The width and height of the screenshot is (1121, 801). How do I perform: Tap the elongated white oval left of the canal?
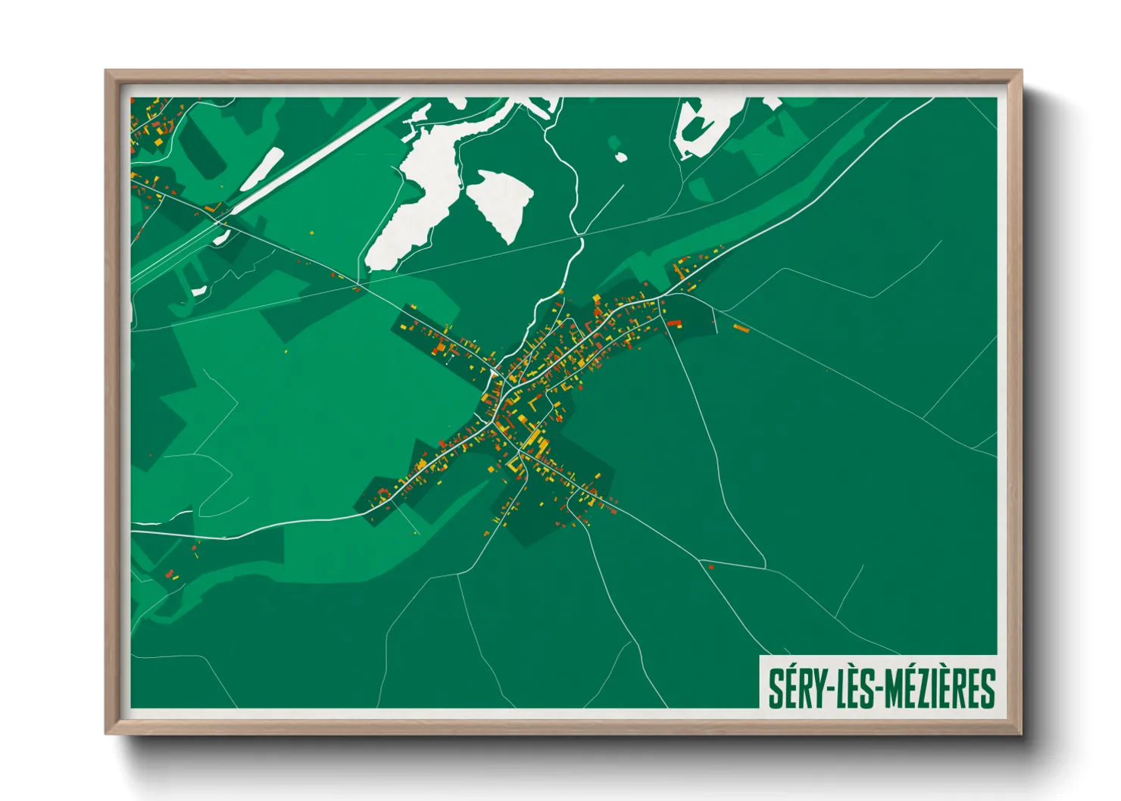(262, 170)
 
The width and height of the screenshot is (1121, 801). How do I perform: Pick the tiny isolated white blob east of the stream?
(621, 157)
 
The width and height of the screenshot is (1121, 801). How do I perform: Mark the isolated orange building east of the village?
(741, 327)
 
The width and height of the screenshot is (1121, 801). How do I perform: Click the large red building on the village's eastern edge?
(673, 323)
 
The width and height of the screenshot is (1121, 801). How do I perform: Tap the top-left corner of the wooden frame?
(108, 72)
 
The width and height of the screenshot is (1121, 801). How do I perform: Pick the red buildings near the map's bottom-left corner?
(170, 572)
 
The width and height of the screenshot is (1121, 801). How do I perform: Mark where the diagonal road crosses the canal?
(220, 220)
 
